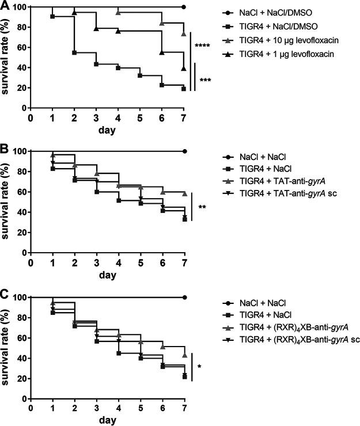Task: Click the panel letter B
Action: [5, 149]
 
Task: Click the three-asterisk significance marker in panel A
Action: [204, 81]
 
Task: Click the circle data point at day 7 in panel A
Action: [184, 7]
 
